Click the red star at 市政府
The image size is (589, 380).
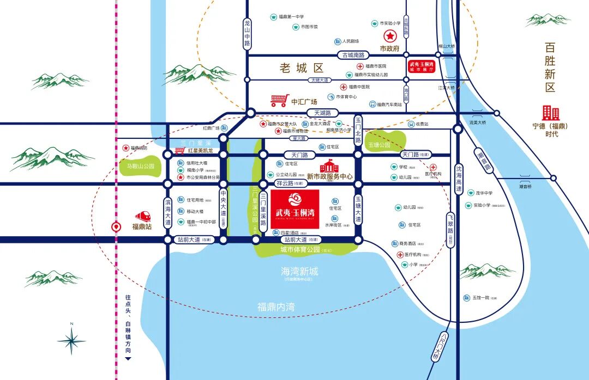coord(390,37)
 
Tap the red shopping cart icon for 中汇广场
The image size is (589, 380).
coord(279,100)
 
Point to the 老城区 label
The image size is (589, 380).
coord(302,68)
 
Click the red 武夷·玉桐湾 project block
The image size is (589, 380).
coord(294,209)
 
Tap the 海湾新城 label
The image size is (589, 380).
coord(299,271)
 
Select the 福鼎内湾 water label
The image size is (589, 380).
coord(276,307)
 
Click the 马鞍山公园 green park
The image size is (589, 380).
coord(137,166)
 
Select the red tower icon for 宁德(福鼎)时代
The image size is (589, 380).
coord(550,113)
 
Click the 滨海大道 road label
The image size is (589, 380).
coord(168,212)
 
